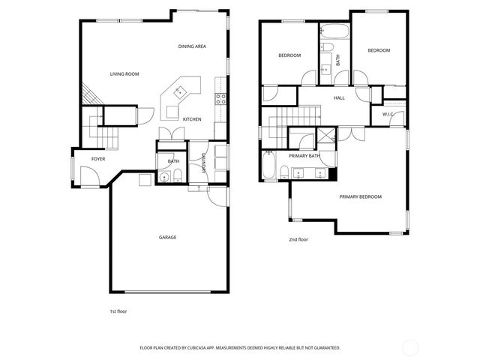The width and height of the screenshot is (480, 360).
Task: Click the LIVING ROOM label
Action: pyautogui.click(x=124, y=73)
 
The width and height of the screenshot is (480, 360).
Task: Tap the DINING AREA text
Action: pyautogui.click(x=192, y=46)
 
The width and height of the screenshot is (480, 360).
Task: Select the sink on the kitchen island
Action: pyautogui.click(x=180, y=91)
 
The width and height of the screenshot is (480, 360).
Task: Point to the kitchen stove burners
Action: pyautogui.click(x=220, y=97)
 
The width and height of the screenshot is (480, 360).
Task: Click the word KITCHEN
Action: pyautogui.click(x=192, y=119)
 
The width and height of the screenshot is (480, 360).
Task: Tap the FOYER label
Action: pyautogui.click(x=98, y=159)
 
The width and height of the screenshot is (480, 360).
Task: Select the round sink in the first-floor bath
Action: pyautogui.click(x=164, y=177)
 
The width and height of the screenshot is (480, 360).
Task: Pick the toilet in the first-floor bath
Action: pyautogui.click(x=178, y=175)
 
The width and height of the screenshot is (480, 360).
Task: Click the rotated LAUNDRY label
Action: pyautogui.click(x=203, y=163)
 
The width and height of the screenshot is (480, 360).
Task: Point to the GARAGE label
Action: pyautogui.click(x=167, y=237)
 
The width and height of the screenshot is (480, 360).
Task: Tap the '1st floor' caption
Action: pyautogui.click(x=118, y=310)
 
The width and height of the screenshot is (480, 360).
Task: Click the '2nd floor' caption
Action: pyautogui.click(x=298, y=239)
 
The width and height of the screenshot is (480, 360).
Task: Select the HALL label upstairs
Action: pyautogui.click(x=339, y=97)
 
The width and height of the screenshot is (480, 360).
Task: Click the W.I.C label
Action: pyautogui.click(x=388, y=114)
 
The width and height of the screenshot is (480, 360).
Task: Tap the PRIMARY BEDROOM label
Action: pyautogui.click(x=360, y=196)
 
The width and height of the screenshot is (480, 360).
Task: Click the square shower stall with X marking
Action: pyautogui.click(x=326, y=136)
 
